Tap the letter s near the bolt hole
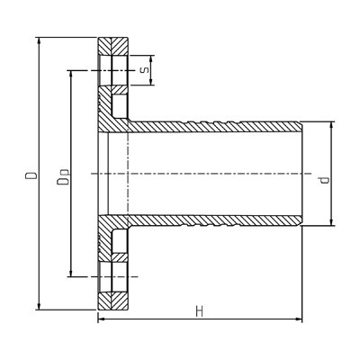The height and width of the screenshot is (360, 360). (x=144, y=70)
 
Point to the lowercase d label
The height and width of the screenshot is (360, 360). (x=324, y=180)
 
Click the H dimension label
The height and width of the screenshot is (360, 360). (x=200, y=312)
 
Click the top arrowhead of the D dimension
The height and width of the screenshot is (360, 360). (x=39, y=41)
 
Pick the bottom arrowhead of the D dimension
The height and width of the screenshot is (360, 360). (x=39, y=306)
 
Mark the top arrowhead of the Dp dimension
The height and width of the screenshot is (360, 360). (x=71, y=75)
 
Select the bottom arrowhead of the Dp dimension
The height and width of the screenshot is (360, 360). (x=71, y=273)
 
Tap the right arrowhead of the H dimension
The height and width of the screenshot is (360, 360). (x=298, y=319)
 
